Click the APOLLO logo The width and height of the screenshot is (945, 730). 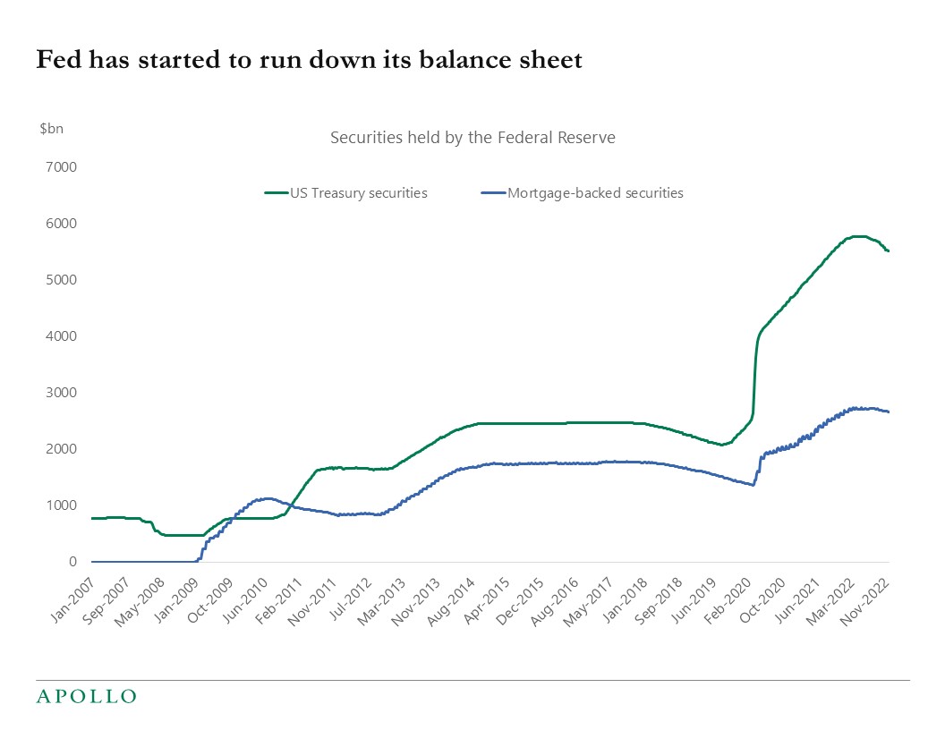86,696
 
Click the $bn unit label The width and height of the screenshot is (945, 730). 52,129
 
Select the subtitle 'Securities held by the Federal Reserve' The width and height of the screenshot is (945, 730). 472,138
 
